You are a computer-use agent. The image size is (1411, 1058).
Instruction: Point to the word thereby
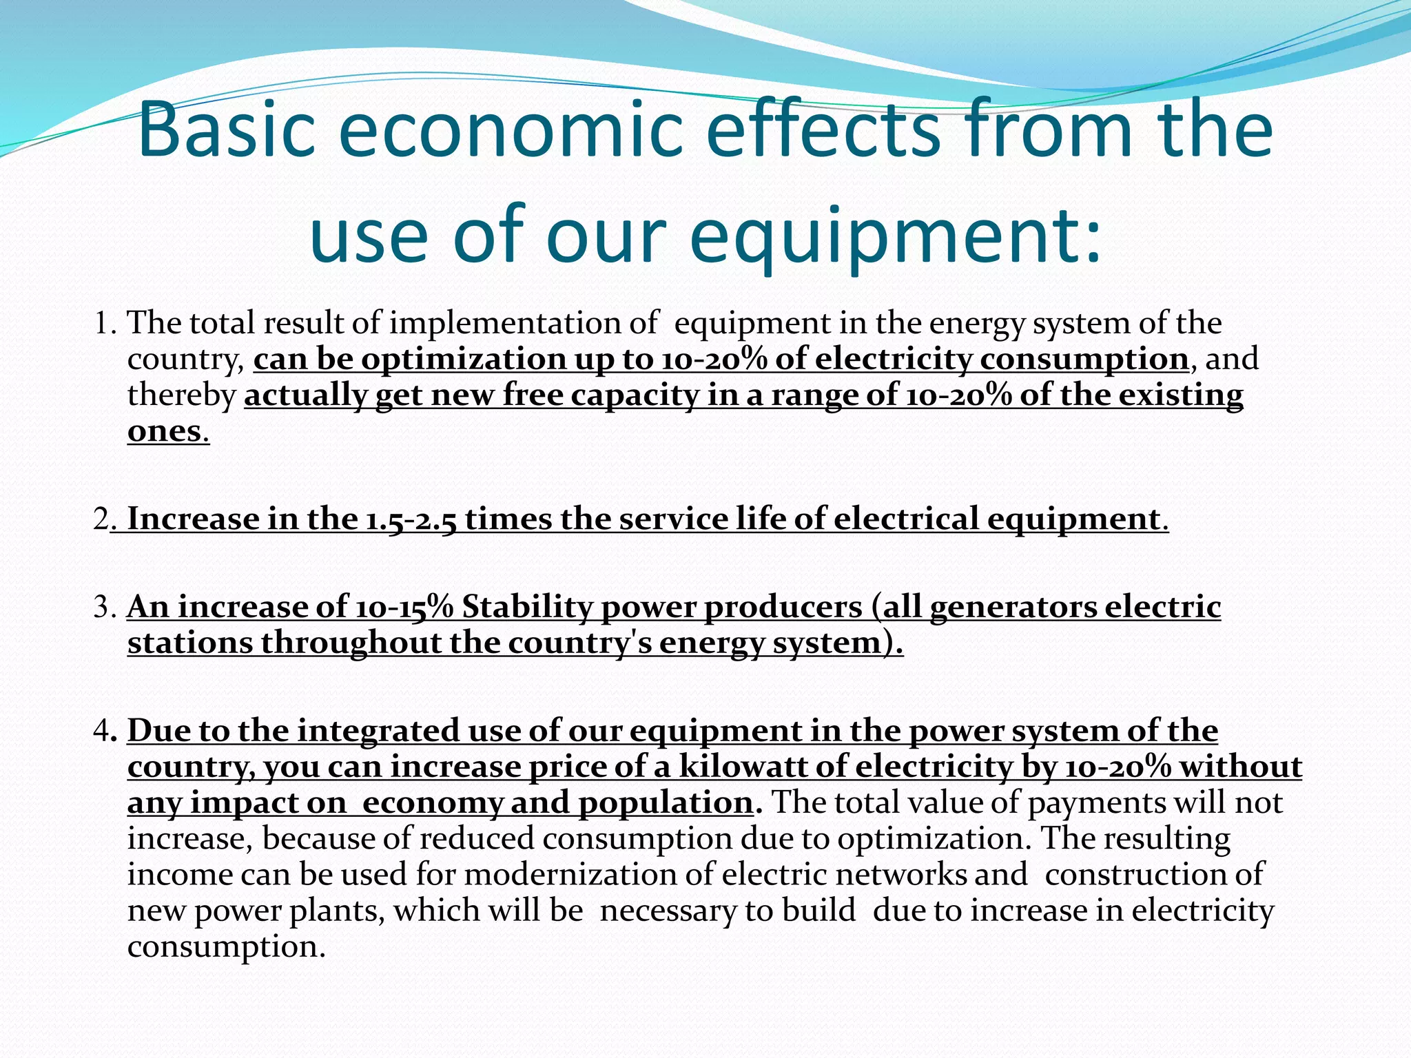[181, 395]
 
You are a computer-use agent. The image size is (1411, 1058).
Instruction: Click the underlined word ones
[164, 431]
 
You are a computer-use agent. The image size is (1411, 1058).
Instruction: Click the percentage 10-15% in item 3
[404, 607]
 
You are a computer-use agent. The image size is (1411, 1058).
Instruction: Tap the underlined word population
[665, 803]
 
